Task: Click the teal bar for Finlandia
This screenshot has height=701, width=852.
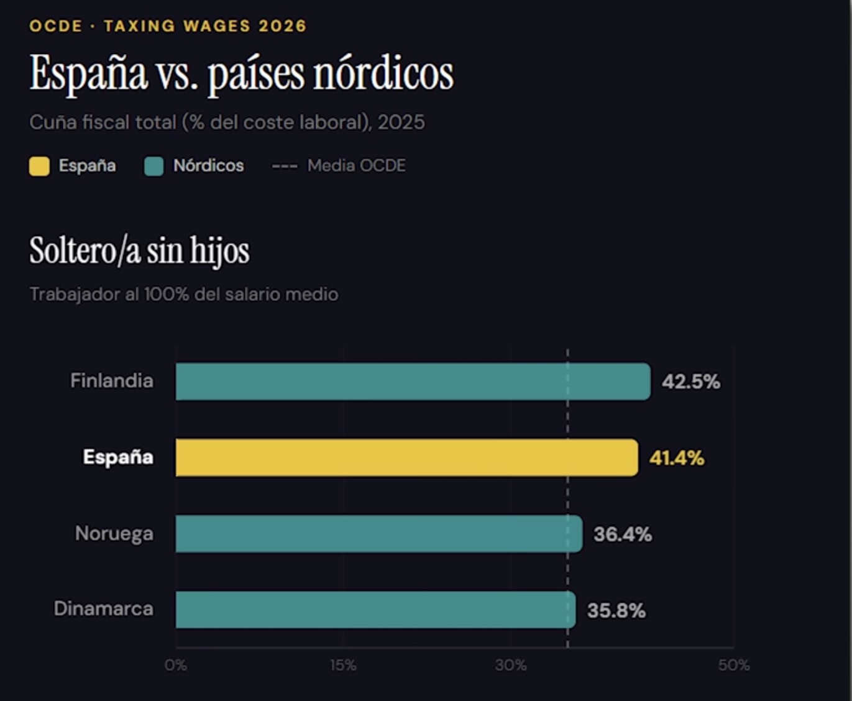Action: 413,382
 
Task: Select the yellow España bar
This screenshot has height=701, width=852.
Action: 407,457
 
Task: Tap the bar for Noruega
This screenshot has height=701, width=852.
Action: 379,533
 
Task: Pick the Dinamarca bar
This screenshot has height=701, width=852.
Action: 376,610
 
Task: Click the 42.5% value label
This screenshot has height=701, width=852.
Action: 691,382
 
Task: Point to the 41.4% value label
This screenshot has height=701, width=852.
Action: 677,458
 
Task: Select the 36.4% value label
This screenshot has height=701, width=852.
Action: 623,534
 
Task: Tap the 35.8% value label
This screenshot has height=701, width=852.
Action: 616,610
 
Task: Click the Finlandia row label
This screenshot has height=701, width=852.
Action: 112,380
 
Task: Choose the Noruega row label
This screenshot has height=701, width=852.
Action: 114,534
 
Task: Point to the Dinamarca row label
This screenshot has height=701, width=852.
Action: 104,608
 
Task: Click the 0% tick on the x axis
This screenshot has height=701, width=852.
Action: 176,665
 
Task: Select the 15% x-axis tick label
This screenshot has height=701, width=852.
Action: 343,665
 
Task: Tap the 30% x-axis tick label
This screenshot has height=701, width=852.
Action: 511,665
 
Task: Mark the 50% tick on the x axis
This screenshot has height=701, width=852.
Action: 734,665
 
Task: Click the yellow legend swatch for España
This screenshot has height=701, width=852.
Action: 39,166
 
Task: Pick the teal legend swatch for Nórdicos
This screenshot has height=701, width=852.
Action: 154,166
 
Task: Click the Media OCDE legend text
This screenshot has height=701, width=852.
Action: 357,166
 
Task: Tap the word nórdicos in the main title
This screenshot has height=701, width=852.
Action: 383,73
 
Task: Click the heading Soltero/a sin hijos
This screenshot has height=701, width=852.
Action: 139,250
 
